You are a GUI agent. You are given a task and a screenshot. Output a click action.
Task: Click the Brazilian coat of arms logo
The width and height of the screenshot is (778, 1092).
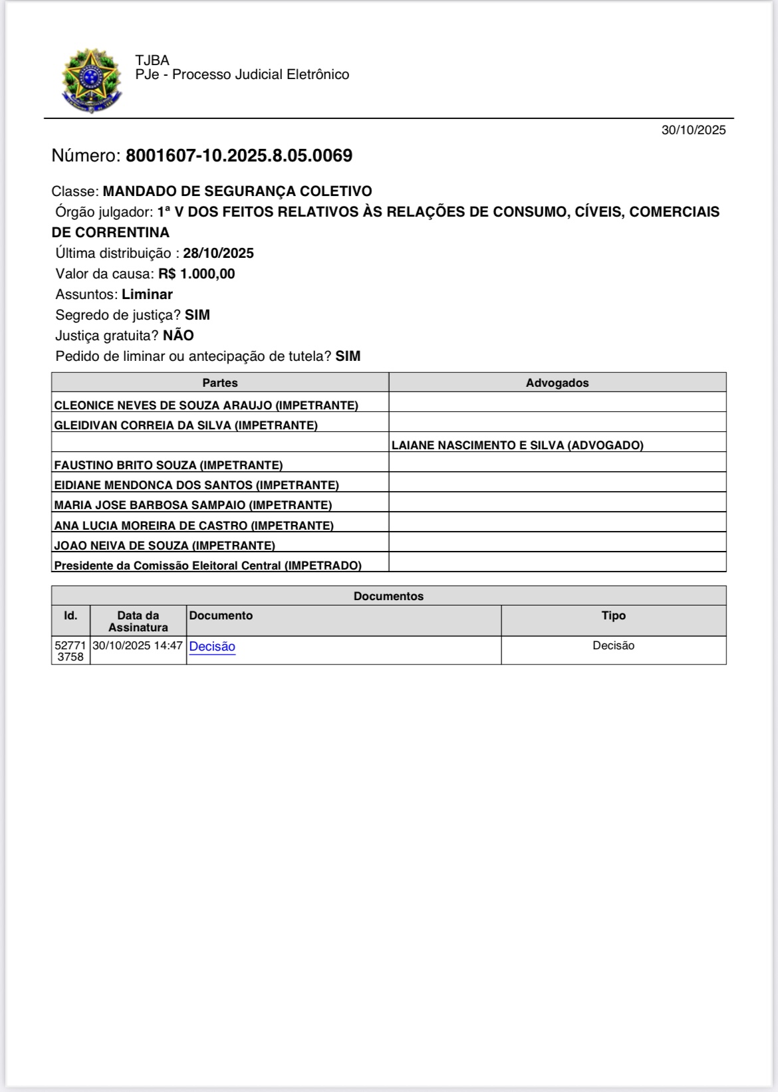pyautogui.click(x=92, y=80)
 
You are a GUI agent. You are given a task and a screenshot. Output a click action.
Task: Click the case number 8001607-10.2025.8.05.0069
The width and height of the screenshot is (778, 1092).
pyautogui.click(x=239, y=156)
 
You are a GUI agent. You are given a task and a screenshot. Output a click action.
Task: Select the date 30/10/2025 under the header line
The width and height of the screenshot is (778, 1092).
pyautogui.click(x=693, y=130)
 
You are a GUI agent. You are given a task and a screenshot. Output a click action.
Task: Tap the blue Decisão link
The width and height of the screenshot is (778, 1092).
pyautogui.click(x=212, y=647)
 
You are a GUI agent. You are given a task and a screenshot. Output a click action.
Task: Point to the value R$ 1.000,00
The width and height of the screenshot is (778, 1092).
pyautogui.click(x=197, y=274)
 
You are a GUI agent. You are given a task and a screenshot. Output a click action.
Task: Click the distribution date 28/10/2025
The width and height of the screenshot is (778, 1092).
pyautogui.click(x=219, y=253)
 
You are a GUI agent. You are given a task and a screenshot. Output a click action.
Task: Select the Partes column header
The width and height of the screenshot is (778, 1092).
pyautogui.click(x=220, y=383)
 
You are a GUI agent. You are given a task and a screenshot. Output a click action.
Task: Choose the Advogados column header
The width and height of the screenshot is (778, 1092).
pyautogui.click(x=557, y=383)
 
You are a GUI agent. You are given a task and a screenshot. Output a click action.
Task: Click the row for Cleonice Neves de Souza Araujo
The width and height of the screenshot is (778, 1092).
pyautogui.click(x=206, y=405)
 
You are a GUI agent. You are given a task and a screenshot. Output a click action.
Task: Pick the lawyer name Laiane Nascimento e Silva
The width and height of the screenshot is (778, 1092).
pyautogui.click(x=517, y=445)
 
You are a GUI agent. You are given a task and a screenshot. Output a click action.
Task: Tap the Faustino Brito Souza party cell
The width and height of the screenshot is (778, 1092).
pyautogui.click(x=168, y=465)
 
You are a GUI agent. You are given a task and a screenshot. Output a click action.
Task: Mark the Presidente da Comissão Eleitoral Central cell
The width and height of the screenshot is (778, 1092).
pyautogui.click(x=207, y=566)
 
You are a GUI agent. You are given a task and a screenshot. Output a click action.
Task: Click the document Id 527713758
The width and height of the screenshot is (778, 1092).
pyautogui.click(x=70, y=651)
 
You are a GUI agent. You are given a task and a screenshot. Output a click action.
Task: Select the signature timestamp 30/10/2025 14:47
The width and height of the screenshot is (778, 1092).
pyautogui.click(x=138, y=645)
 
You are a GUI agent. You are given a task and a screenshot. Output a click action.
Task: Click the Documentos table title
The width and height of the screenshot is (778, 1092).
pyautogui.click(x=388, y=596)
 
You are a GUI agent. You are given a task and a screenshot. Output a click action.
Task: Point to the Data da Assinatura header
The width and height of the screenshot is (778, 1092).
pyautogui.click(x=138, y=621)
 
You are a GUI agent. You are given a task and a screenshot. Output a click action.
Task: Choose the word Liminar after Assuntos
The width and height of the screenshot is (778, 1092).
pyautogui.click(x=147, y=294)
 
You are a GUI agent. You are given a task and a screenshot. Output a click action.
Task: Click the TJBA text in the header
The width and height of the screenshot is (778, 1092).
pyautogui.click(x=152, y=60)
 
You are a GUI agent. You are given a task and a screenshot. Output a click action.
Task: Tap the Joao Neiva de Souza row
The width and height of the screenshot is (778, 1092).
pyautogui.click(x=164, y=546)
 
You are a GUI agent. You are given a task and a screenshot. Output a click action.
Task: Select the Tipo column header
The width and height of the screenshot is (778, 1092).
pyautogui.click(x=613, y=616)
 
